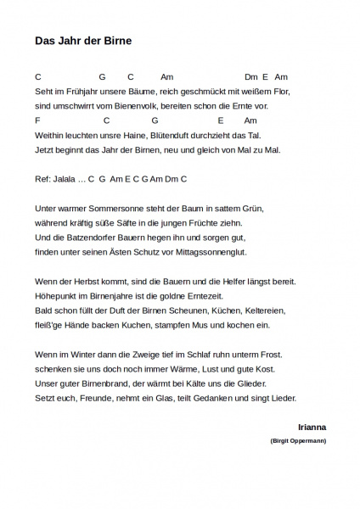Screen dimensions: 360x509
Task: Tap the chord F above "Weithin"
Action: point(38,120)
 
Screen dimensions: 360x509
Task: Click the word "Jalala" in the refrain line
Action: point(65,179)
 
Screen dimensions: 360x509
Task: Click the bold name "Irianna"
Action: point(312,426)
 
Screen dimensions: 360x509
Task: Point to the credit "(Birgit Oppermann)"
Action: point(298,442)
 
